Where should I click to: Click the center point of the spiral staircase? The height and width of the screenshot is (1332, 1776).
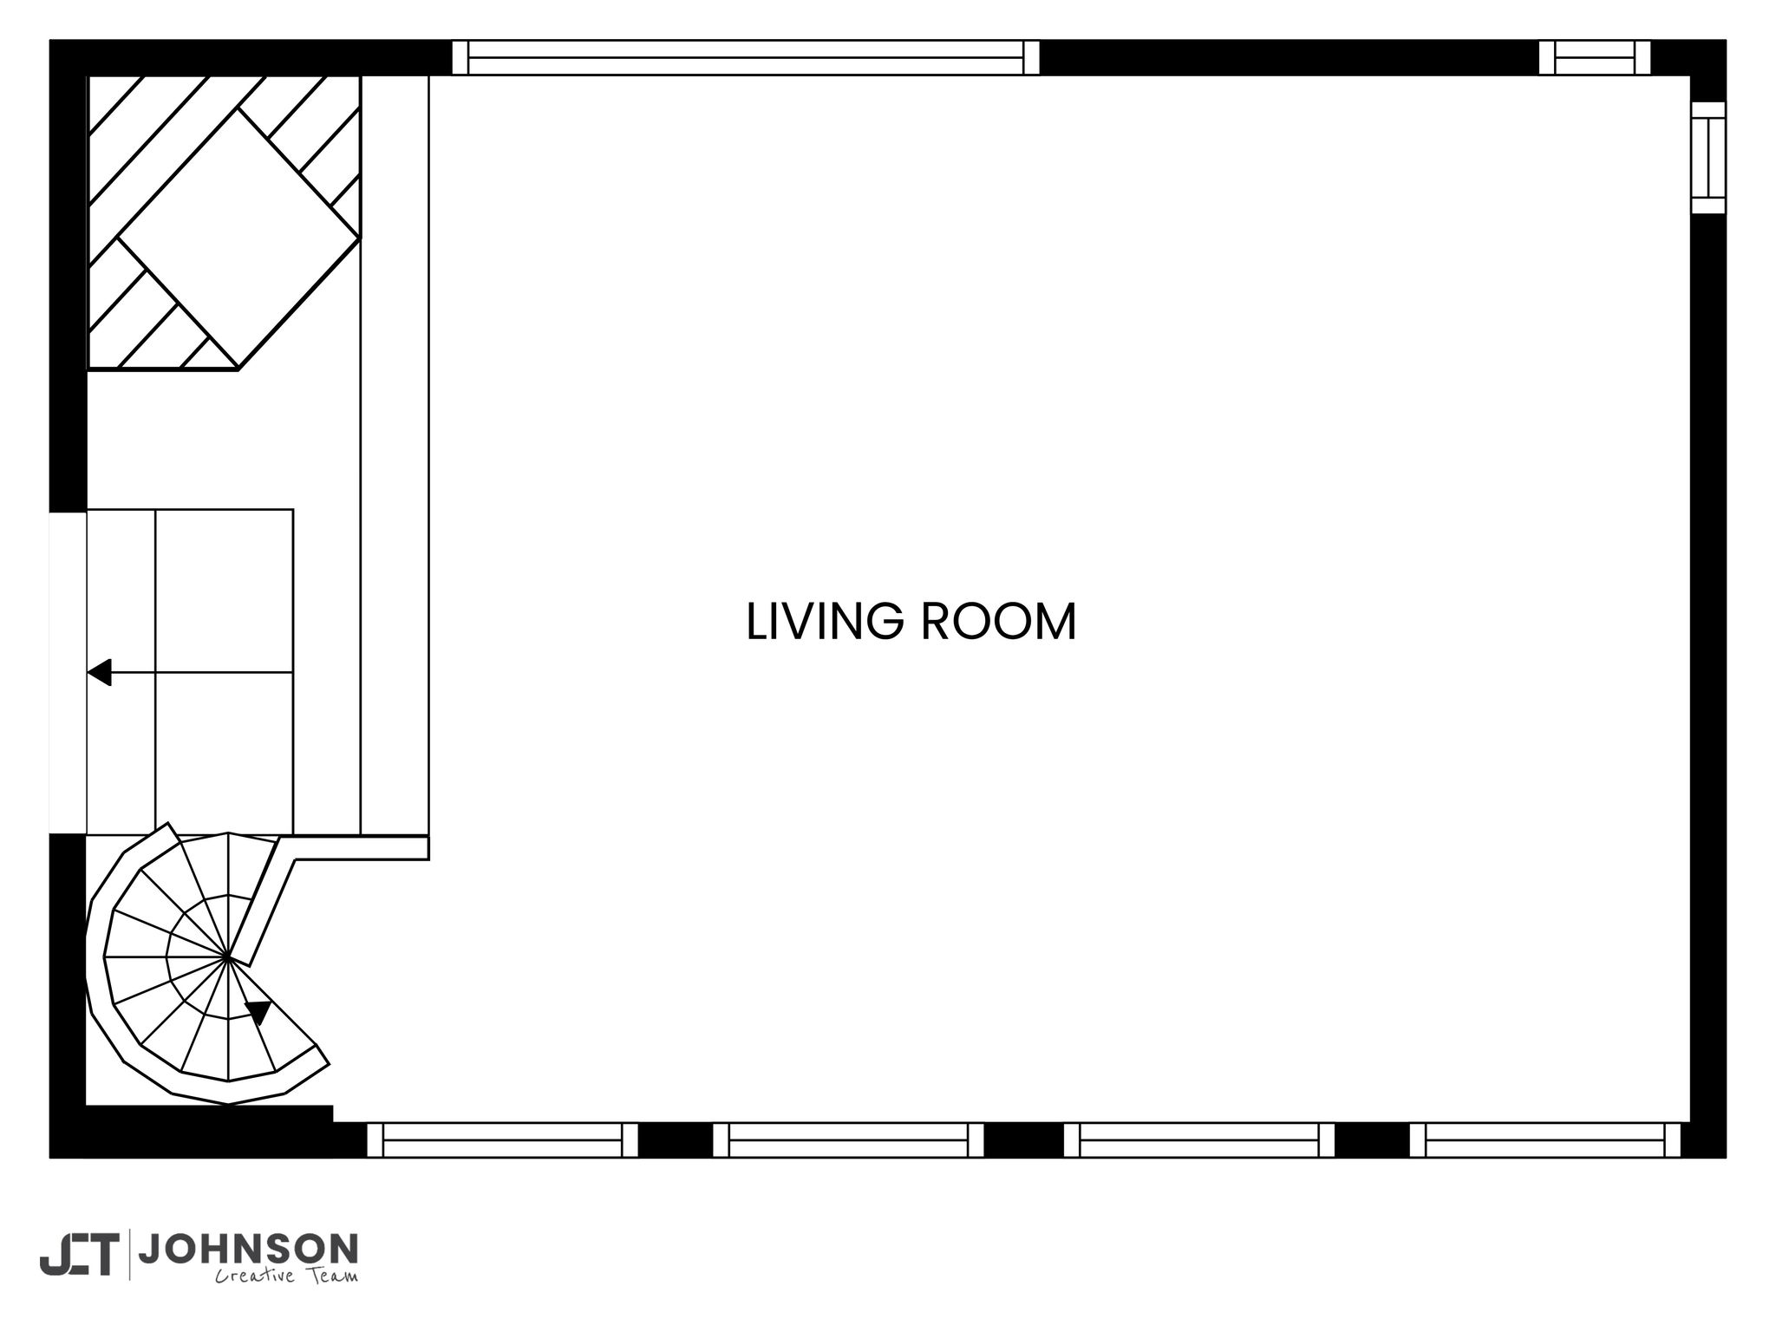click(227, 957)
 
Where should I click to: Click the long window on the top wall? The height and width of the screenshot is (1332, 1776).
click(746, 57)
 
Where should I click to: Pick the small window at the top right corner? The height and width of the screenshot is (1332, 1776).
click(1595, 57)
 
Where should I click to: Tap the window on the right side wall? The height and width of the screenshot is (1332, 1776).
click(1708, 157)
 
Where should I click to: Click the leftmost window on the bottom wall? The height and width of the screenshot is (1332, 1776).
click(502, 1140)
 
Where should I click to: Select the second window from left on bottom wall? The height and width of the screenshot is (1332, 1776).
click(848, 1140)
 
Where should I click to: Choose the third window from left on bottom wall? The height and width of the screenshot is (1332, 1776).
click(1198, 1140)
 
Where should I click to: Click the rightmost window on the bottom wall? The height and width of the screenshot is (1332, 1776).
click(1545, 1140)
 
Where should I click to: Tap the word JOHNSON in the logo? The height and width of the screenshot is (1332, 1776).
click(248, 1250)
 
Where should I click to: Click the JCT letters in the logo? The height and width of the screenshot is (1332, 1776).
click(77, 1255)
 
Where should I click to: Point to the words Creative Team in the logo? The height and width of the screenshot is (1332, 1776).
click(286, 1275)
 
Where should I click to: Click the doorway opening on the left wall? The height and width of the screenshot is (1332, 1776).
click(68, 672)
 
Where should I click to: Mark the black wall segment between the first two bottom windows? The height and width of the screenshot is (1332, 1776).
click(676, 1140)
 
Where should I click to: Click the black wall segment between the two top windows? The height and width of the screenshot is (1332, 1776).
click(1290, 57)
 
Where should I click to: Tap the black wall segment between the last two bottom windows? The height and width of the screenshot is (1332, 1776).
click(1372, 1140)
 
